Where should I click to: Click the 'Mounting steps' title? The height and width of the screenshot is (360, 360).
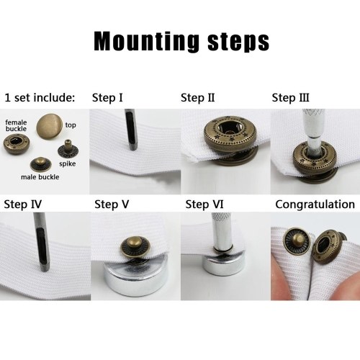click(181, 42)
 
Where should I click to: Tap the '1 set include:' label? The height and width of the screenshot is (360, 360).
click(40, 98)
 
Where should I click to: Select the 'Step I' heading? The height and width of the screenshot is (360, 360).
click(107, 98)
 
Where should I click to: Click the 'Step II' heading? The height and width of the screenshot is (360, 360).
click(198, 98)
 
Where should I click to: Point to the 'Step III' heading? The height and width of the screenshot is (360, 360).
click(290, 98)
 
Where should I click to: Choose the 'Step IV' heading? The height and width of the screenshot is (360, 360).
click(23, 204)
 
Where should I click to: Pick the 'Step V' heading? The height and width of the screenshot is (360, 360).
click(112, 204)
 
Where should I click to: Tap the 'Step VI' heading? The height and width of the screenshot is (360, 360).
click(204, 204)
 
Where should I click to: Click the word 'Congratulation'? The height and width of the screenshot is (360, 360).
click(315, 204)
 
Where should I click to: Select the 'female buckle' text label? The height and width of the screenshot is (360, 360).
click(16, 125)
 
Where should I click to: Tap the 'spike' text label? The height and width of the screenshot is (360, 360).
click(68, 164)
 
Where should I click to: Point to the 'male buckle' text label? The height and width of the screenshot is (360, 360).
click(40, 177)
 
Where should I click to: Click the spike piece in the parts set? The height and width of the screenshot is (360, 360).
click(68, 149)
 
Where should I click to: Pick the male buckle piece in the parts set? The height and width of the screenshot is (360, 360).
click(41, 165)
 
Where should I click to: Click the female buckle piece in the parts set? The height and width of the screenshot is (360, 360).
click(17, 144)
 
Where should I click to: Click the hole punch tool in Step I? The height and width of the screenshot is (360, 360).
click(131, 130)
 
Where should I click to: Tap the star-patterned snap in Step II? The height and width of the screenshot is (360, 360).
click(230, 135)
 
